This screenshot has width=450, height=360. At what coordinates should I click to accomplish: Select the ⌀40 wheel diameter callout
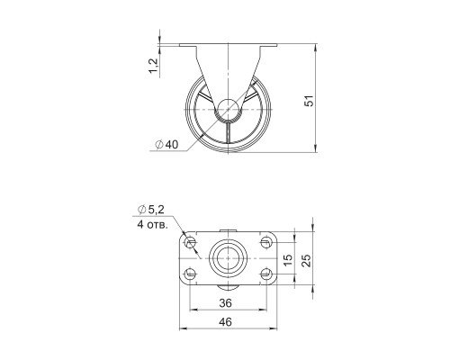(x=167, y=145)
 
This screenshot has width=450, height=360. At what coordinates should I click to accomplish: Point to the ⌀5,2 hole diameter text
(x=150, y=210)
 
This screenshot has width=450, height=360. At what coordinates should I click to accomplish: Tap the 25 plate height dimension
(x=307, y=258)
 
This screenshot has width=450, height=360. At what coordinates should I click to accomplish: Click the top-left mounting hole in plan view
(x=190, y=243)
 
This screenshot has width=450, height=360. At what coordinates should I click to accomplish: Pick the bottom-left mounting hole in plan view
(x=190, y=274)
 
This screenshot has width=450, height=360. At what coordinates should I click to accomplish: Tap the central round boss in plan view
(x=227, y=258)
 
